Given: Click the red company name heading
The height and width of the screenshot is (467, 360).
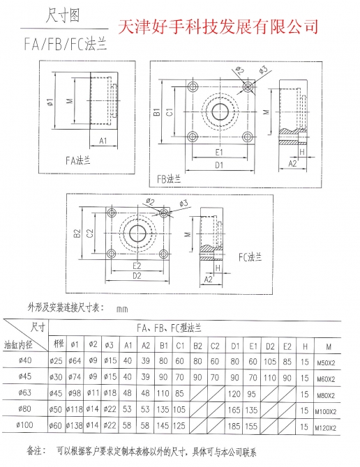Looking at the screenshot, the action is pyautogui.click(x=218, y=26).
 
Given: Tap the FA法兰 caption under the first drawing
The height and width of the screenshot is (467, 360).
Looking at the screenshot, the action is pyautogui.click(x=77, y=160).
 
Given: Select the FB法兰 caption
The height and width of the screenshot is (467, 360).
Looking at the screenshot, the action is pyautogui.click(x=169, y=178).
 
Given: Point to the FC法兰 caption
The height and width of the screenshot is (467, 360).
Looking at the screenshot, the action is pyautogui.click(x=250, y=257).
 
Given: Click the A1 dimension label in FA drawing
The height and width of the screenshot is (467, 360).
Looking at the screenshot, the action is pyautogui.click(x=103, y=141).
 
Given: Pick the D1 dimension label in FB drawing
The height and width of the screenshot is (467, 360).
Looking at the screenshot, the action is pyautogui.click(x=219, y=164).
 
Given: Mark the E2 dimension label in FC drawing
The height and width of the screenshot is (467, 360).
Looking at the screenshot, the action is pyautogui.click(x=137, y=265).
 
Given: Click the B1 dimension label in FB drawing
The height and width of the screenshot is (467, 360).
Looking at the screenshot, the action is pyautogui.click(x=157, y=112).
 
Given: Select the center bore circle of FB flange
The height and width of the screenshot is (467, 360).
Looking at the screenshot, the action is pyautogui.click(x=220, y=112).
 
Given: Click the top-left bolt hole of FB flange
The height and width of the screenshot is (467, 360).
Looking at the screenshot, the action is pyautogui.click(x=193, y=86).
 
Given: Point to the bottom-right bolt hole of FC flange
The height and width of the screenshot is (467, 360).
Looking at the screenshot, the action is pyautogui.click(x=163, y=254).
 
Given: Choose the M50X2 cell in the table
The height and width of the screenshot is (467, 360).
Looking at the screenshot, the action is pyautogui.click(x=326, y=362).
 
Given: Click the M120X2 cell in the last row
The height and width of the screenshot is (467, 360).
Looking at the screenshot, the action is pyautogui.click(x=325, y=428).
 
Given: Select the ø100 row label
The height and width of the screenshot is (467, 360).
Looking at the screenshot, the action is pyautogui.click(x=24, y=424).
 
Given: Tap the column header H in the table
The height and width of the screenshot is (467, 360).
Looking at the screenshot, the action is pyautogui.click(x=305, y=346).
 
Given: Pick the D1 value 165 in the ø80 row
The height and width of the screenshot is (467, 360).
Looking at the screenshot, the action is pyautogui.click(x=234, y=410).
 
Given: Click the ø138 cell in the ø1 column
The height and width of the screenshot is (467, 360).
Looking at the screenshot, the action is pyautogui.click(x=74, y=425).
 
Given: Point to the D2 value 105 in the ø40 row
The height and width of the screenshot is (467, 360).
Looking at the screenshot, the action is pyautogui.click(x=270, y=362).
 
